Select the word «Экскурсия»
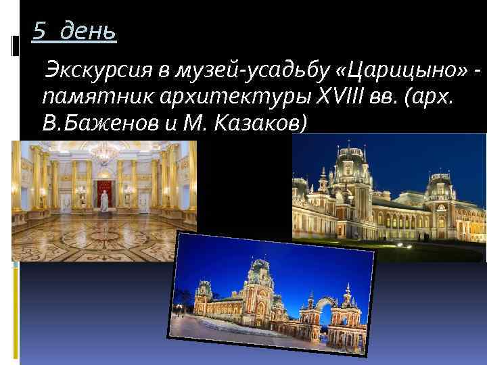click(88, 70)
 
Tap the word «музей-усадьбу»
click(216, 70)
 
